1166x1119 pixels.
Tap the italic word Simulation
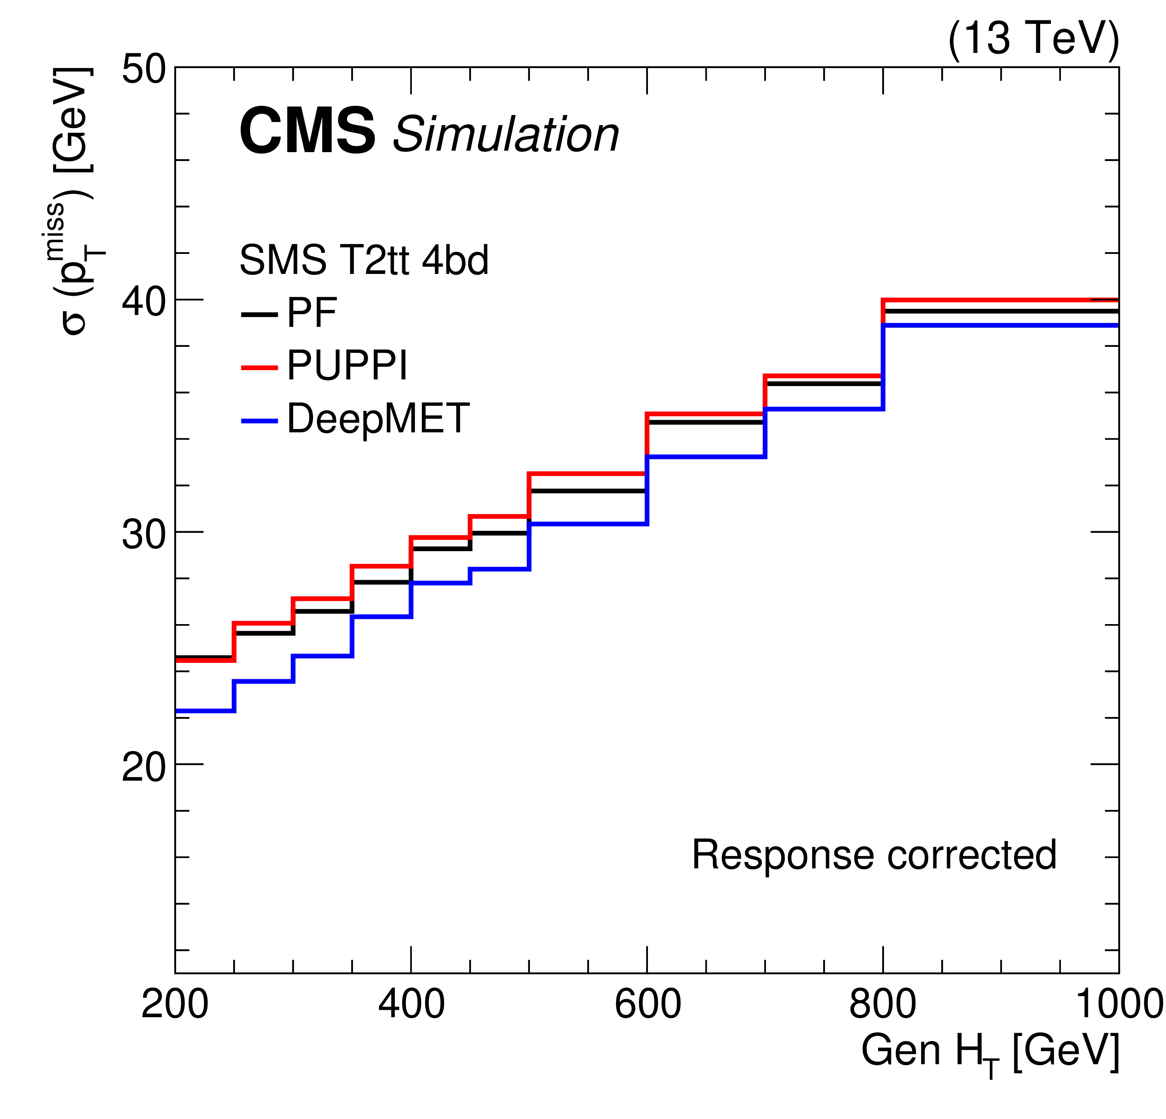pos(506,134)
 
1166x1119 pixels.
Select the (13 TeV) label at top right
pos(1033,38)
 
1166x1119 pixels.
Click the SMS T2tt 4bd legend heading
pos(363,260)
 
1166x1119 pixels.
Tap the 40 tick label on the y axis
pos(143,301)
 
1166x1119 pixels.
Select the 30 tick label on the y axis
pos(143,533)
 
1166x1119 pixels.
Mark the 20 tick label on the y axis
pos(143,766)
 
